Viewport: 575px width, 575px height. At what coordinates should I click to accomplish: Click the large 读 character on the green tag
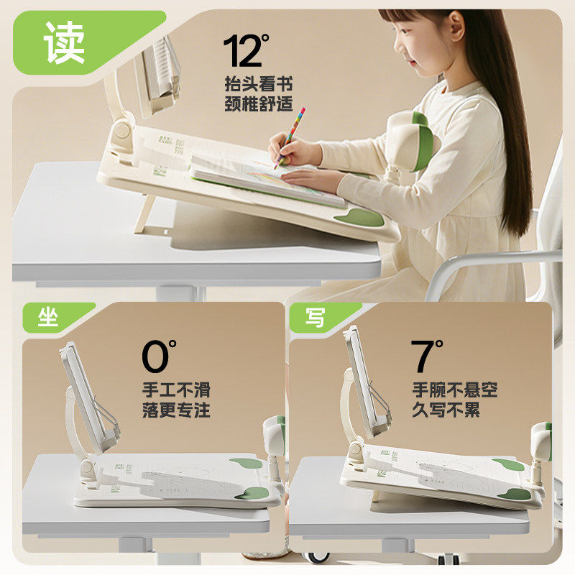click(64, 42)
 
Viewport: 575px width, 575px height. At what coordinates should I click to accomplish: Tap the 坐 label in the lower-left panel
click(48, 318)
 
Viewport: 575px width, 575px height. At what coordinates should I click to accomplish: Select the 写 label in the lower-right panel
click(315, 318)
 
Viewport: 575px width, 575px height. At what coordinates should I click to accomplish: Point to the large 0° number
click(159, 356)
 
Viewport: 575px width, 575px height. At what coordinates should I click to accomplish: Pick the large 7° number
click(427, 356)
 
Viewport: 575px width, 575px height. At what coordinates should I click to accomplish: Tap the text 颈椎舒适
click(259, 103)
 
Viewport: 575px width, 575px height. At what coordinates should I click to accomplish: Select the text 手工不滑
click(176, 391)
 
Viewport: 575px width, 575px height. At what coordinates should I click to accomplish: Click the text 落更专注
click(176, 412)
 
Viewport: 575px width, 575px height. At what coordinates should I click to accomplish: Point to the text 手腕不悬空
click(455, 391)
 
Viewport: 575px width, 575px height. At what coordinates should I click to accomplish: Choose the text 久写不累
click(446, 412)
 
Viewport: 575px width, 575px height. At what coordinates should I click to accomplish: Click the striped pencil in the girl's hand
click(290, 137)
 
